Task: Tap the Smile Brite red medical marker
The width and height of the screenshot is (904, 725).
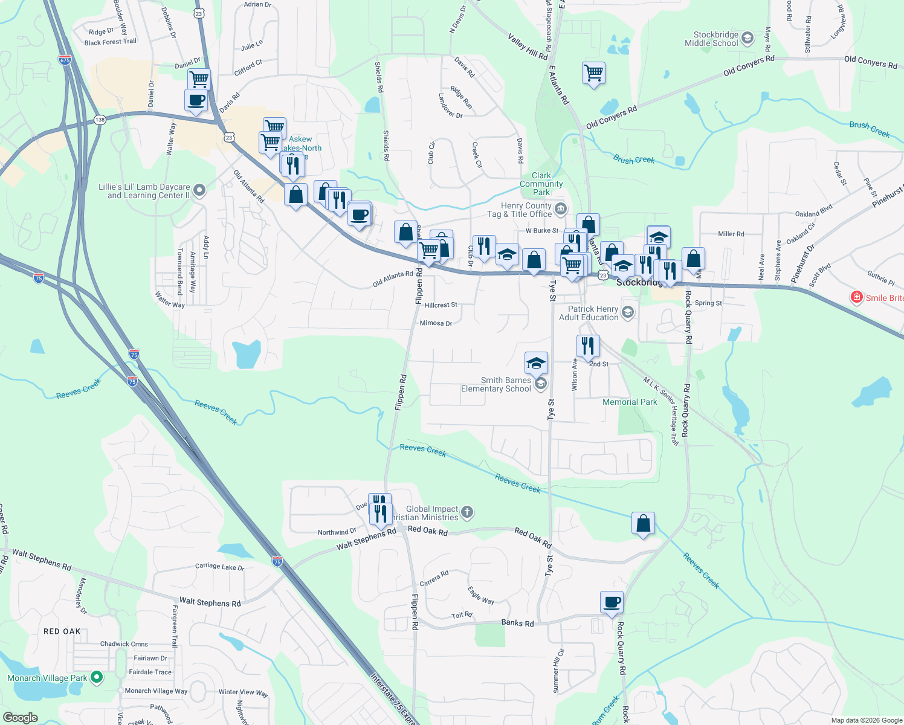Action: pyautogui.click(x=856, y=297)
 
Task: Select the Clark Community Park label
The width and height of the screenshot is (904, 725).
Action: pyautogui.click(x=541, y=184)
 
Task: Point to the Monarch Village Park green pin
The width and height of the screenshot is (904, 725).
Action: pyautogui.click(x=96, y=678)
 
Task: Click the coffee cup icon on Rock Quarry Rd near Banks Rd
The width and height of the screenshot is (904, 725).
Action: pyautogui.click(x=612, y=602)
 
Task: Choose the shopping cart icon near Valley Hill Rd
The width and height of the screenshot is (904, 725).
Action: pyautogui.click(x=593, y=73)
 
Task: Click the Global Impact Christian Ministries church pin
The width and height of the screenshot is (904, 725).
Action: pyautogui.click(x=467, y=513)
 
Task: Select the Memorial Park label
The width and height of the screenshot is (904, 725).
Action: pyautogui.click(x=629, y=402)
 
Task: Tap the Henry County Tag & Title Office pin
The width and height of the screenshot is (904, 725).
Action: pyautogui.click(x=560, y=210)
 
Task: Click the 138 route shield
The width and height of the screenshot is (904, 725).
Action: pyautogui.click(x=100, y=120)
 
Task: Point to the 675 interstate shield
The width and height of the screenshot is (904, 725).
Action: pyautogui.click(x=65, y=60)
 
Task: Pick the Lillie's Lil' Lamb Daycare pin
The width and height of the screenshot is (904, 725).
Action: pyautogui.click(x=199, y=191)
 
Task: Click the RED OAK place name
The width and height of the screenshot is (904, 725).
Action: pyautogui.click(x=62, y=631)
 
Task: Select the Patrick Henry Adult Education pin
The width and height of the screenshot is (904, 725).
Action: pyautogui.click(x=628, y=312)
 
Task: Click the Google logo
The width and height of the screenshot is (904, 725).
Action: pyautogui.click(x=20, y=718)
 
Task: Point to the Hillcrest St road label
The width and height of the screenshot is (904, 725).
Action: pyautogui.click(x=441, y=305)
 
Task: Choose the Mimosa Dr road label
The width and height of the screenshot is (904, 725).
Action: pyautogui.click(x=436, y=323)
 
